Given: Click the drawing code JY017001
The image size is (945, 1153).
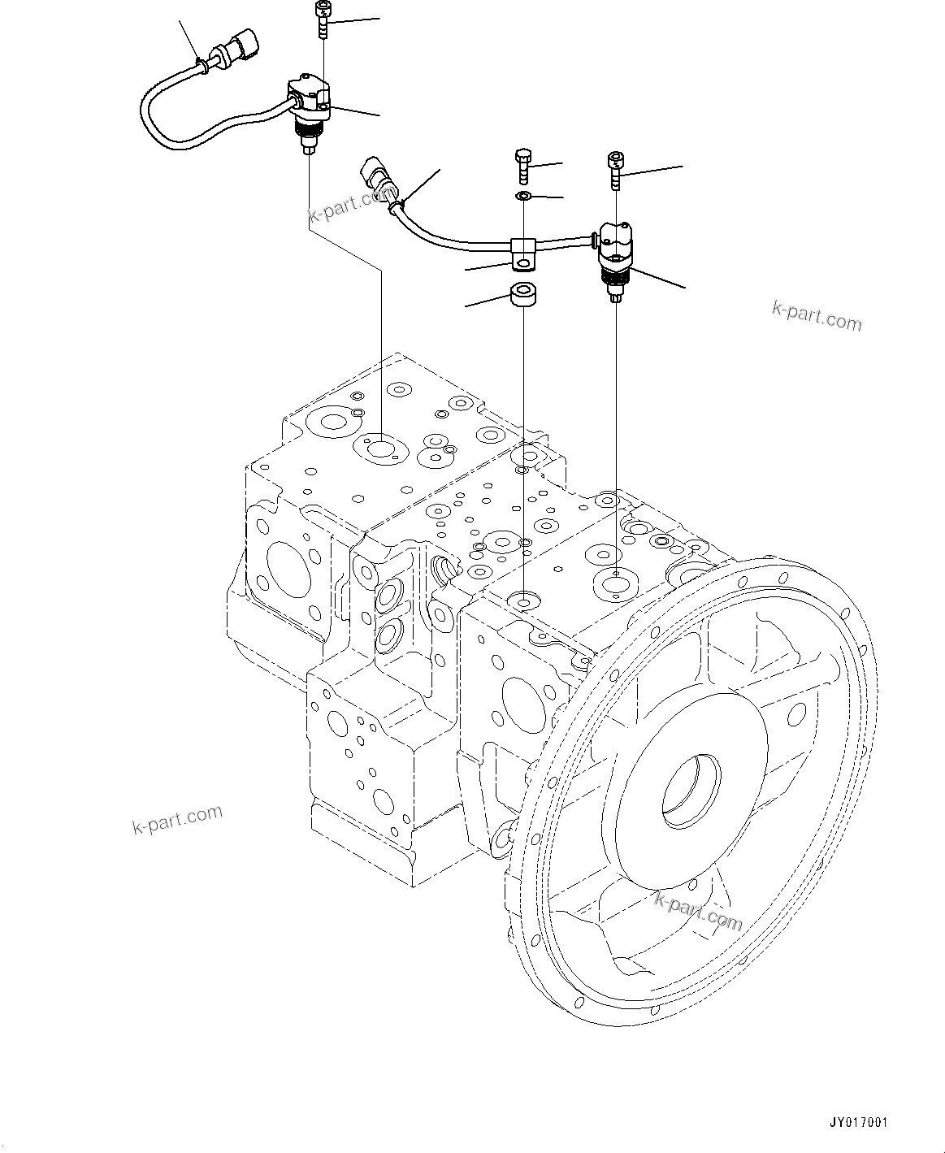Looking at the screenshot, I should point(858,1123).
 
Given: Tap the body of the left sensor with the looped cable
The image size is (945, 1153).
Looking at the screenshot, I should point(309,102).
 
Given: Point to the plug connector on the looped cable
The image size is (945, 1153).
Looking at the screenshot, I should point(241,46).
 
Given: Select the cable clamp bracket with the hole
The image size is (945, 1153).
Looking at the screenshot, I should point(522,254).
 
